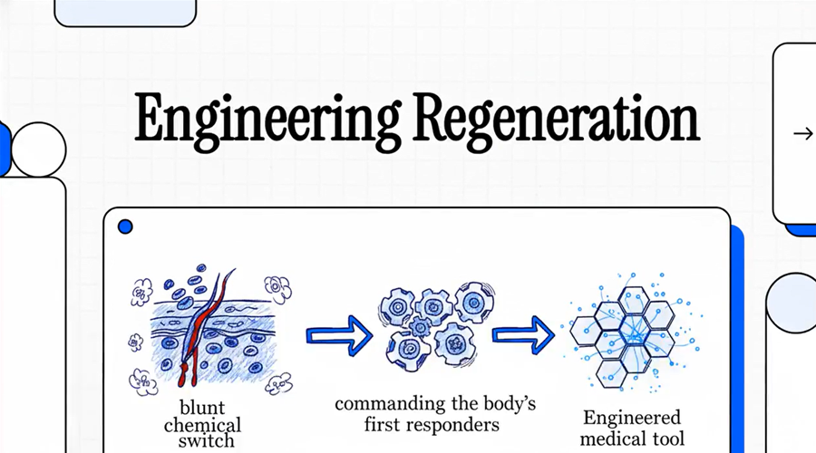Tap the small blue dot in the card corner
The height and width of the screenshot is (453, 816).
pos(125,226)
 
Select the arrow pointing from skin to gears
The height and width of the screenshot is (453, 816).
pos(339,335)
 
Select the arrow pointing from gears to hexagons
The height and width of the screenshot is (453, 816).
pos(523,335)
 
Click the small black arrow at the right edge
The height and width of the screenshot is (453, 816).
pos(803,134)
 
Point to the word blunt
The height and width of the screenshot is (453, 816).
pos(202,407)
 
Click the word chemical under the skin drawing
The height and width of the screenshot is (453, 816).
pos(202,425)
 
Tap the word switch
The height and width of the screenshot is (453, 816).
pos(206,441)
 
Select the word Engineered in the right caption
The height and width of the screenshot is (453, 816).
pos(632,417)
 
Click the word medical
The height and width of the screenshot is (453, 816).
pos(611,439)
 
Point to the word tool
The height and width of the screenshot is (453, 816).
pos(666,439)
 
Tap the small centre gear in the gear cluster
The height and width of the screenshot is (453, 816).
pos(420,327)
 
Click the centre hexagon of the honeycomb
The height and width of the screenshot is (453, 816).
pos(635,330)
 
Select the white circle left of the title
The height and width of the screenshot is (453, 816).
pos(38,149)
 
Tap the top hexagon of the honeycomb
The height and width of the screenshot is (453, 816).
pos(634,301)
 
